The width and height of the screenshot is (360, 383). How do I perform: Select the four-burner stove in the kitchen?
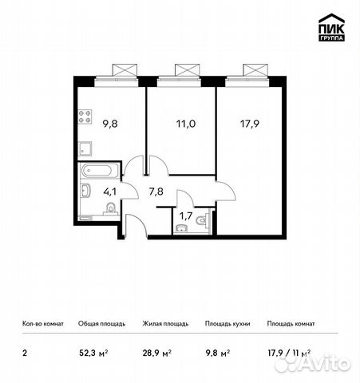click(x=86, y=120)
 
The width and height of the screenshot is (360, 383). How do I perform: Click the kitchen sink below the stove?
click(x=86, y=148)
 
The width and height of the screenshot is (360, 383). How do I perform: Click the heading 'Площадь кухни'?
click(x=227, y=324)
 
